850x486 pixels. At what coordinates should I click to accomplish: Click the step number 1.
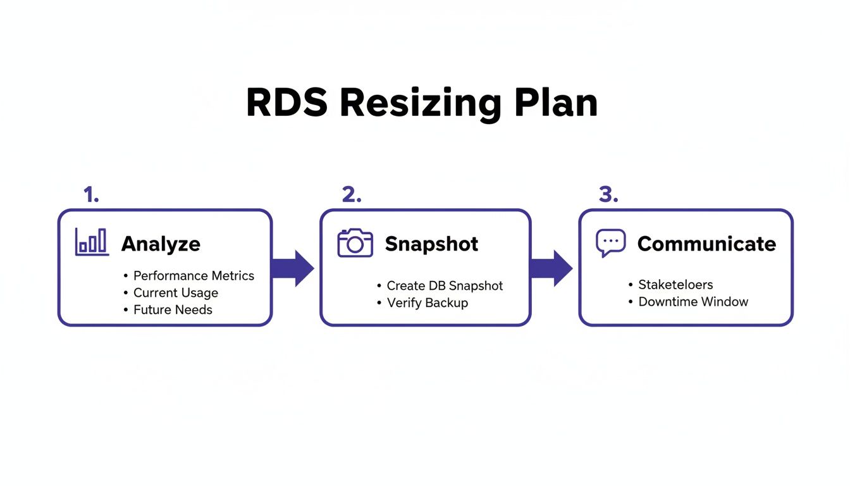click(x=91, y=196)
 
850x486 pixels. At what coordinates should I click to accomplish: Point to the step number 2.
click(x=352, y=196)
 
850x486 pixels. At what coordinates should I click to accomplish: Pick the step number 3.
click(x=608, y=196)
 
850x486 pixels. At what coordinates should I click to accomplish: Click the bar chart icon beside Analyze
click(x=92, y=242)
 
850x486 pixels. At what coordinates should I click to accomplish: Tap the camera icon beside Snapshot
click(x=355, y=243)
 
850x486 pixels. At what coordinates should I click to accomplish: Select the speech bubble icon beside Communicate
click(x=610, y=243)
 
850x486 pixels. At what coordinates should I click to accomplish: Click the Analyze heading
click(x=161, y=244)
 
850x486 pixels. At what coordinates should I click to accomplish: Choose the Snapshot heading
click(x=431, y=244)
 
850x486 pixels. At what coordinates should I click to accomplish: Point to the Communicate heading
click(x=706, y=244)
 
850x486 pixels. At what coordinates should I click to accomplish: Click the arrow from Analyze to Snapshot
click(x=293, y=268)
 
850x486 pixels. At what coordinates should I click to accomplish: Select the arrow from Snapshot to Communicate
click(x=551, y=268)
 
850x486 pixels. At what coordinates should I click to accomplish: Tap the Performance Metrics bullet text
click(x=194, y=276)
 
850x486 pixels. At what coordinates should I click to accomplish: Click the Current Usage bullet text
click(x=175, y=293)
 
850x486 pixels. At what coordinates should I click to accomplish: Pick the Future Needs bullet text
click(x=173, y=310)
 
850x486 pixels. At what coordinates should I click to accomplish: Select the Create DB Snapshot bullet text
click(x=445, y=286)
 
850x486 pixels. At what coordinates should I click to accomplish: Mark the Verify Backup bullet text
click(x=427, y=303)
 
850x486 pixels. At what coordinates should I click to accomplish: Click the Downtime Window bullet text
click(x=693, y=302)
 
